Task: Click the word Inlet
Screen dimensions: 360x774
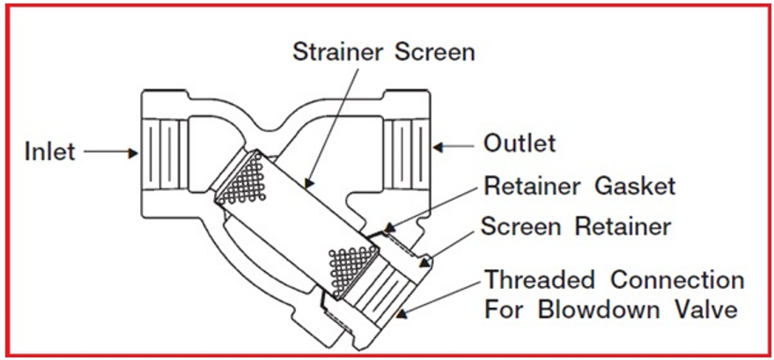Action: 49,152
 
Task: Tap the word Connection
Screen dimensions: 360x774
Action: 683,281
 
